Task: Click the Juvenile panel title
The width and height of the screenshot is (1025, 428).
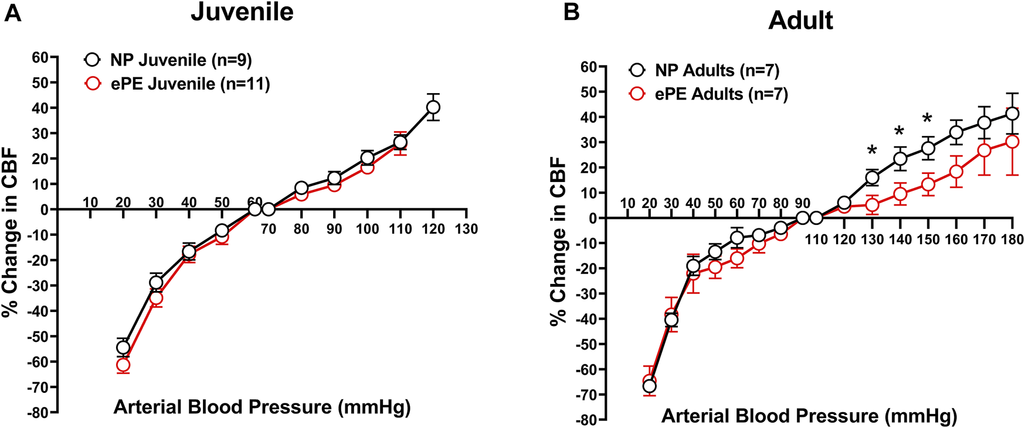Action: [242, 12]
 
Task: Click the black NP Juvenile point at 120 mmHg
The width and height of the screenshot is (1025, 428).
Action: [433, 107]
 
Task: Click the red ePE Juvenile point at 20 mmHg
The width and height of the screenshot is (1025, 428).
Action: [123, 365]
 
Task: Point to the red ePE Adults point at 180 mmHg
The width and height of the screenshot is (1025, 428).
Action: [1012, 142]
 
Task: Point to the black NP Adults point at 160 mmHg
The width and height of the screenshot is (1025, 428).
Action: [956, 132]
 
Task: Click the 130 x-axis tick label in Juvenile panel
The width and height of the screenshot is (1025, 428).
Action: [467, 229]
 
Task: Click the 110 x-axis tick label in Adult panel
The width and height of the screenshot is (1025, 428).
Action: [816, 239]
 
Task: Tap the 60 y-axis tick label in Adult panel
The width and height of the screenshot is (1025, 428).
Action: [588, 67]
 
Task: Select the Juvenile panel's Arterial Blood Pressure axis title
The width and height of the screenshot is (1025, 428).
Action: [262, 407]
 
